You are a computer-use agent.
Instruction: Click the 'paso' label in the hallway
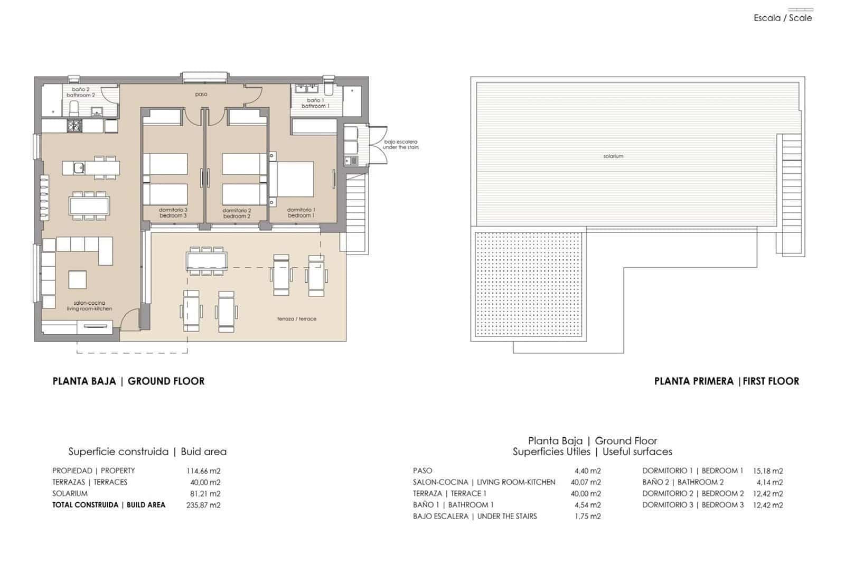pos(201,94)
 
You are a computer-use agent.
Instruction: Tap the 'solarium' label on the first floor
pos(613,156)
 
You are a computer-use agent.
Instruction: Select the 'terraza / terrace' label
pos(297,319)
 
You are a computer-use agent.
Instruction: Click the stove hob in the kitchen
pos(74,126)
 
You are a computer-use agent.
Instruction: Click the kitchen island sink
pos(78,168)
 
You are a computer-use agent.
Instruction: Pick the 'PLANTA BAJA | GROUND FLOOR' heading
pos(128,381)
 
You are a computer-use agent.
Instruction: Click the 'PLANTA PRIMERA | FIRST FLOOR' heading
pos(726,381)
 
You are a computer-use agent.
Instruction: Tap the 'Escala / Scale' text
pos(783,18)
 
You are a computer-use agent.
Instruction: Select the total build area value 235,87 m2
pos(203,505)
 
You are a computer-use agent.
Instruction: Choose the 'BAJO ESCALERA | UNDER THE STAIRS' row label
pos(474,516)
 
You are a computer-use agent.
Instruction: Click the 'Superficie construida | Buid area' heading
pos(147,452)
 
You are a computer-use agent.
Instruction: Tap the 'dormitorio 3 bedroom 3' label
pos(173,213)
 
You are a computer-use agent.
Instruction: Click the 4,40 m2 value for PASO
pos(587,471)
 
